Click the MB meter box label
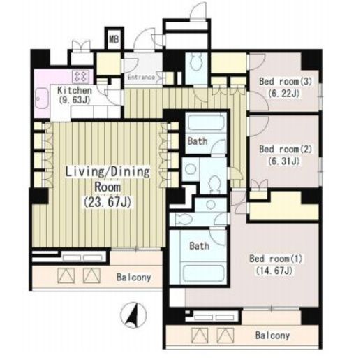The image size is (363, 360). click(114, 39)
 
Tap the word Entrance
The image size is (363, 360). click(141, 78)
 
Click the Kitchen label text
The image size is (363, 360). click(75, 90)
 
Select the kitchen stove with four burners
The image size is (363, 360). click(81, 76)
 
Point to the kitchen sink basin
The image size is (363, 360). click(42, 99)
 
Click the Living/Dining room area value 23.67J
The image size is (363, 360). click(108, 202)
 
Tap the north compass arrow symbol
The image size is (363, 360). click(133, 315)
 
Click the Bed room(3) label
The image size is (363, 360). click(286, 82)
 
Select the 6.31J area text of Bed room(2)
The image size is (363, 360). click(283, 161)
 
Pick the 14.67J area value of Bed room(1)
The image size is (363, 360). click(274, 271)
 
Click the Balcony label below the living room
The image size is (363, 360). click(134, 278)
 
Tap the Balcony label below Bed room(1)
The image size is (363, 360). click(272, 336)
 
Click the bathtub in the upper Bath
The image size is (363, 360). click(206, 122)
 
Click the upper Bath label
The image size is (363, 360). click(198, 141)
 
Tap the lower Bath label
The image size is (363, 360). click(199, 246)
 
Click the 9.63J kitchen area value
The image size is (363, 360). click(75, 100)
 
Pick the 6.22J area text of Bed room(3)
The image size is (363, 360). click(283, 94)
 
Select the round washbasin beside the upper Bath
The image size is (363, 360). click(191, 169)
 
